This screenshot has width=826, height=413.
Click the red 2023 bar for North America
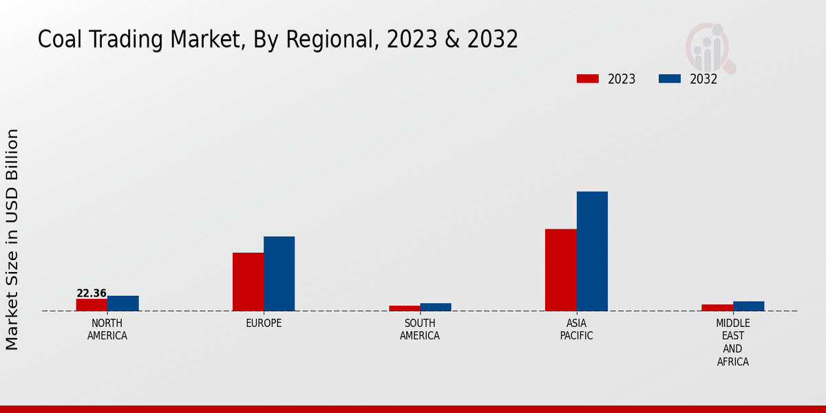pyautogui.click(x=92, y=305)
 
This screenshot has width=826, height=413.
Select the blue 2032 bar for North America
pyautogui.click(x=123, y=304)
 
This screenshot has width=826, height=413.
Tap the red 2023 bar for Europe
pyautogui.click(x=248, y=282)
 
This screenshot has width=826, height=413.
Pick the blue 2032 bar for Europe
pyautogui.click(x=279, y=274)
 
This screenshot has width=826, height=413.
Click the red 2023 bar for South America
pyautogui.click(x=404, y=308)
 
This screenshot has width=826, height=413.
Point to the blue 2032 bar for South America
pyautogui.click(x=436, y=307)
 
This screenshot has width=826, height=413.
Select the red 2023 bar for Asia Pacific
pyautogui.click(x=560, y=270)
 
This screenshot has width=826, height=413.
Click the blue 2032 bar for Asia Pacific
pyautogui.click(x=592, y=251)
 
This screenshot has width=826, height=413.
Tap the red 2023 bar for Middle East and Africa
pyautogui.click(x=717, y=308)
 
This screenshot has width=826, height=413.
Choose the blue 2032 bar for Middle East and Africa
pyautogui.click(x=748, y=306)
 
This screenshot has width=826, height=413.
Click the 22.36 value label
pyautogui.click(x=92, y=293)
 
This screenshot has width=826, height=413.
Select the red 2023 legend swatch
pyautogui.click(x=587, y=78)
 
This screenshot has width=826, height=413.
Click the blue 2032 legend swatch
pyautogui.click(x=669, y=78)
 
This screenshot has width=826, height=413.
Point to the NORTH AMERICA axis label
pyautogui.click(x=107, y=330)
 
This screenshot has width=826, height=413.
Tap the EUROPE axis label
pyautogui.click(x=264, y=324)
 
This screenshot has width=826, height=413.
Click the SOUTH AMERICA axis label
pyautogui.click(x=420, y=330)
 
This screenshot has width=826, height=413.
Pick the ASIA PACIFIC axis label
pyautogui.click(x=576, y=330)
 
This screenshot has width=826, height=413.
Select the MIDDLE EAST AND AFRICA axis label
pyautogui.click(x=732, y=343)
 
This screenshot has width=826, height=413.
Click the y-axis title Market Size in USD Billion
pyautogui.click(x=12, y=240)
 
